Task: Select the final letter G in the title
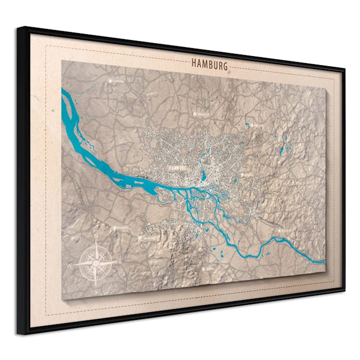click(x=225, y=67)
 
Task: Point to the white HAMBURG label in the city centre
click(x=177, y=167)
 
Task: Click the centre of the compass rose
click(x=96, y=262)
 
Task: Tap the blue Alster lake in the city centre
click(x=204, y=175)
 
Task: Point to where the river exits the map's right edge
click(x=324, y=262)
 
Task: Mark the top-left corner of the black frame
click(x=19, y=27)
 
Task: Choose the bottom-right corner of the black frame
click(x=344, y=291)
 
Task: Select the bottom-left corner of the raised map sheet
click(x=62, y=299)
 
